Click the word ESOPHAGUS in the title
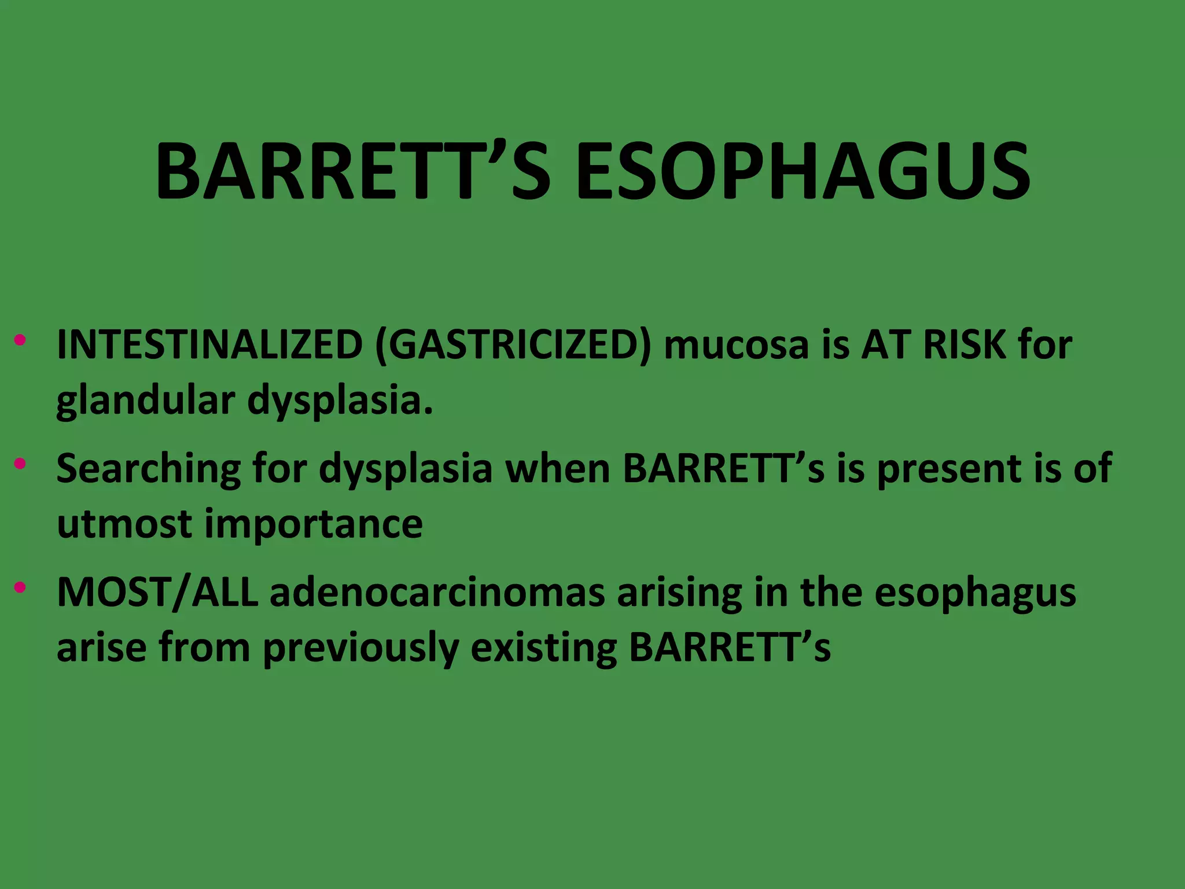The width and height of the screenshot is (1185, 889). [803, 172]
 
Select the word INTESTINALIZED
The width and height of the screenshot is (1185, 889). [209, 345]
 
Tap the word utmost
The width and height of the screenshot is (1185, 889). [124, 524]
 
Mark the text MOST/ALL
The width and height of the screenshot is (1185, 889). [157, 593]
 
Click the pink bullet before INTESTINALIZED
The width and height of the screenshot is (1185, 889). [20, 340]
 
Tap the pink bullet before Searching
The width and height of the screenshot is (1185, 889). [20, 463]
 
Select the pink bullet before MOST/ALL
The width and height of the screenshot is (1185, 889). [20, 587]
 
